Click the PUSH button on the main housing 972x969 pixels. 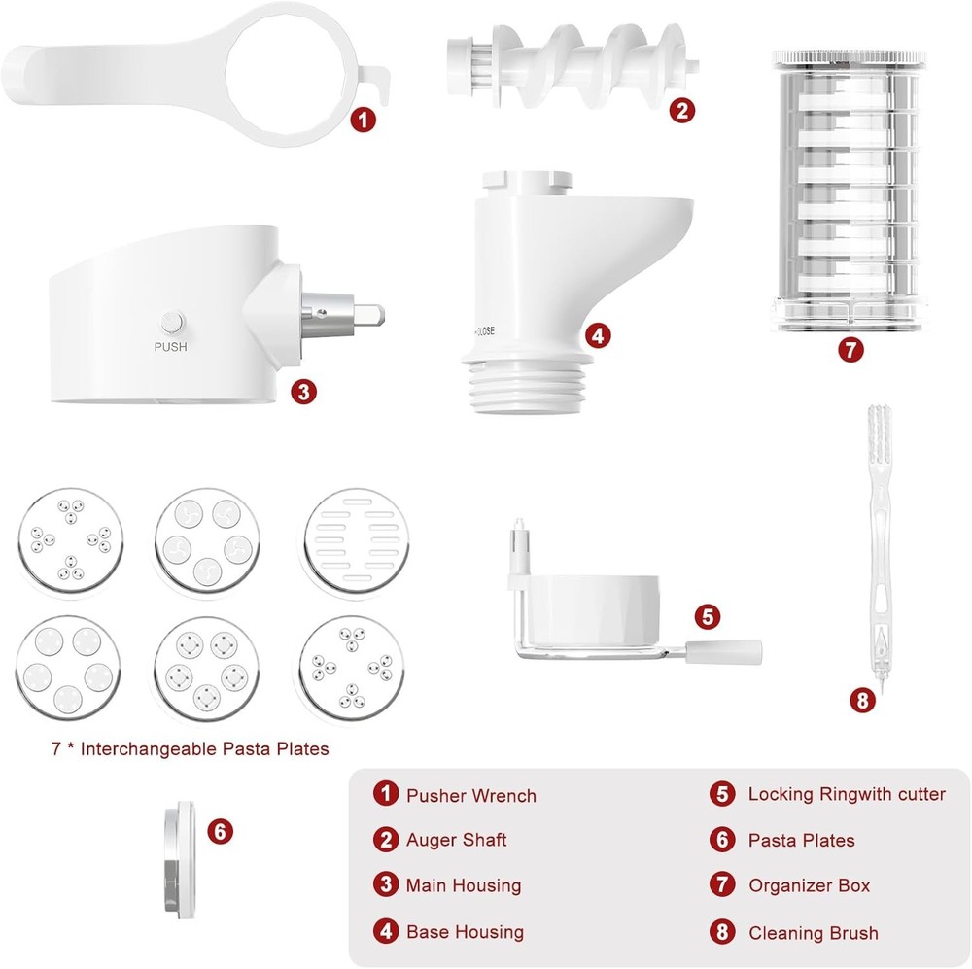172,322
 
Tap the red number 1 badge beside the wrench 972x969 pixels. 363,121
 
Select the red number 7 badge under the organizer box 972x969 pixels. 850,350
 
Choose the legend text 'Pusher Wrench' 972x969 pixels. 471,796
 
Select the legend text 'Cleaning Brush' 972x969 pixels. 813,933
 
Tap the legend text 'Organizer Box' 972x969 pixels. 809,885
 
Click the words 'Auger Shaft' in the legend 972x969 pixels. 457,840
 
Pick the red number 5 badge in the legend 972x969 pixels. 722,794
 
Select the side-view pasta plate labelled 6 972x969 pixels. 177,859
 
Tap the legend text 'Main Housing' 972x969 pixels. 464,885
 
